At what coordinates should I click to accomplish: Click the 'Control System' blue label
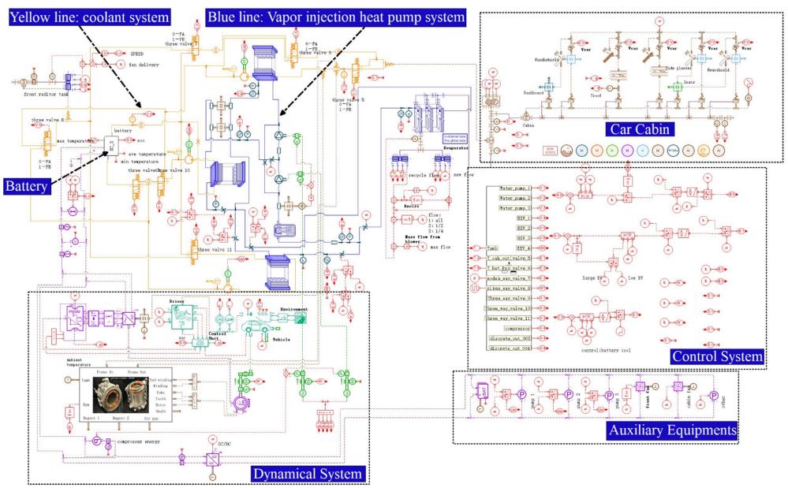click(x=716, y=357)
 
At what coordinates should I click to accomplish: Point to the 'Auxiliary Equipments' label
click(x=672, y=430)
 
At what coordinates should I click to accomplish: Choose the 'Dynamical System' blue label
click(x=308, y=473)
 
